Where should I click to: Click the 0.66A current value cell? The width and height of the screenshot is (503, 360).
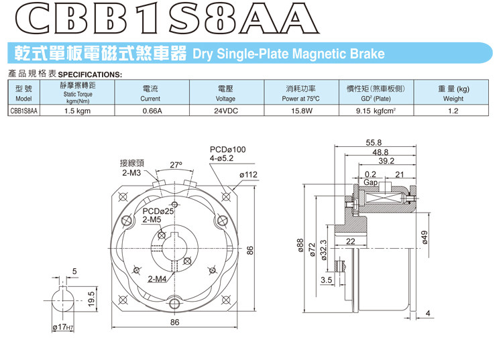(x=153, y=111)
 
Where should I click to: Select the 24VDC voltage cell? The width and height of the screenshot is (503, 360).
(x=226, y=111)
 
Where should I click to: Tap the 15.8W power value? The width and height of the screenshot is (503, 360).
(x=302, y=111)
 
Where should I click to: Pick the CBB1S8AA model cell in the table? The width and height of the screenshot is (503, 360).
(x=23, y=111)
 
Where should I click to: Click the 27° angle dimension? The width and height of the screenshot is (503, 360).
(x=176, y=164)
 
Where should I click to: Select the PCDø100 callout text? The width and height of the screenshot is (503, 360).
(x=228, y=149)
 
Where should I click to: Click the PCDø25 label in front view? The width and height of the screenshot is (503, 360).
(x=159, y=211)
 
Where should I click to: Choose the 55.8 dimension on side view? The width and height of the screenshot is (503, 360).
(x=374, y=142)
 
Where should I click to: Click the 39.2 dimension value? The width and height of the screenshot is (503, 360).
(x=386, y=161)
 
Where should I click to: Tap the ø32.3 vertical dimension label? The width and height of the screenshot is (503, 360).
(x=323, y=252)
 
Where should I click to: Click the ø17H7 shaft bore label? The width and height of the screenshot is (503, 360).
(x=64, y=327)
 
